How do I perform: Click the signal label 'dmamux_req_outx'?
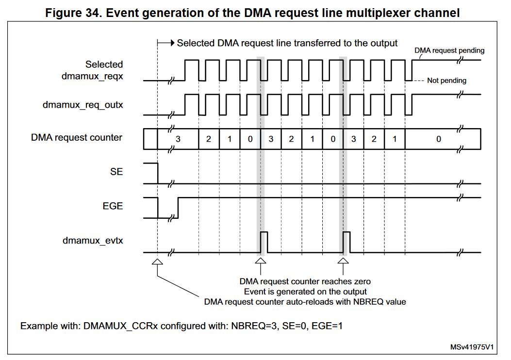tap(82, 104)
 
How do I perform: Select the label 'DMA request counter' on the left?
tap(77, 138)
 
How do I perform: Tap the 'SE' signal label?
tap(116, 172)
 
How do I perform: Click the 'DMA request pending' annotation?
tap(449, 50)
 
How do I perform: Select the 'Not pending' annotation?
tap(446, 81)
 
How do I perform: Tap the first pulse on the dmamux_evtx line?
tap(264, 242)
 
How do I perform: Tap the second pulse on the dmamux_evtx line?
tap(346, 242)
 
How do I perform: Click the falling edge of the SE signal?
tap(158, 174)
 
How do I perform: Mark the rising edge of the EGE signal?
tap(179, 208)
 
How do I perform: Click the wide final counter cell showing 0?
tap(438, 139)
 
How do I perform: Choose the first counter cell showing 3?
tap(178, 139)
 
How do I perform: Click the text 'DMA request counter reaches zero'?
tap(305, 281)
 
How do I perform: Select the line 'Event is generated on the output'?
tap(305, 292)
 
